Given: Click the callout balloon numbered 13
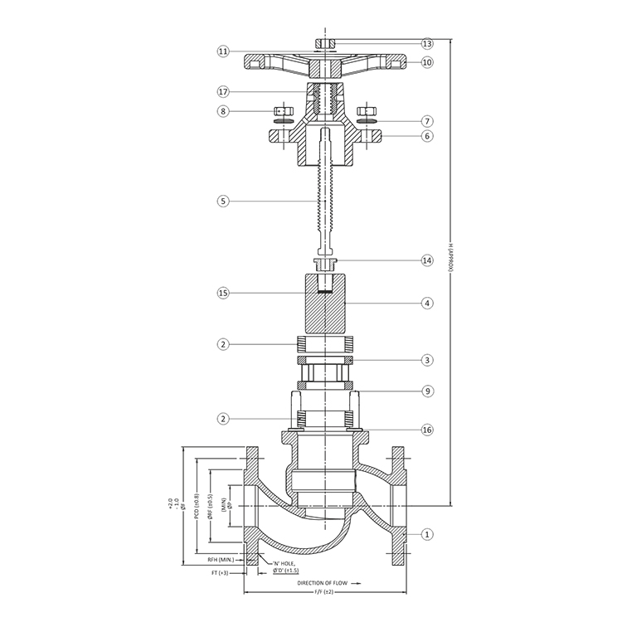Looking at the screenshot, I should click(x=427, y=43).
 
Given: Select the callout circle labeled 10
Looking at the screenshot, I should click(x=427, y=62).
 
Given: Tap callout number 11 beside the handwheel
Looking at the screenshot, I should click(x=223, y=51).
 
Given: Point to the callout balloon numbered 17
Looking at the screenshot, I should click(x=223, y=91).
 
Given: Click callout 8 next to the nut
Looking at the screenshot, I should click(x=223, y=110).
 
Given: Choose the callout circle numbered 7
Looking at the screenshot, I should click(x=427, y=121).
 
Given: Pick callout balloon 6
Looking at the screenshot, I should click(x=427, y=136).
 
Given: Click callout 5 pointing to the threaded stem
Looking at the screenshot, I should click(x=223, y=200).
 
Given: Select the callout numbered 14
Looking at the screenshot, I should click(x=427, y=260).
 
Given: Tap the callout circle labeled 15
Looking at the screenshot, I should click(x=223, y=293).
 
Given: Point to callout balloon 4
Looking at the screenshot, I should click(x=427, y=304).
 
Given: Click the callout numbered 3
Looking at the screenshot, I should click(x=427, y=360).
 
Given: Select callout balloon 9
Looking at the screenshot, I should click(x=427, y=390).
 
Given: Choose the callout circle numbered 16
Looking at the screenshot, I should click(x=427, y=430).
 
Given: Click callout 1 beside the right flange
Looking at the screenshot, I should click(x=427, y=534).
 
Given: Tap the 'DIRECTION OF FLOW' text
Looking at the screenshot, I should click(x=324, y=583).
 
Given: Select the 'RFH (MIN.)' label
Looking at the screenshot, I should click(x=222, y=561).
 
